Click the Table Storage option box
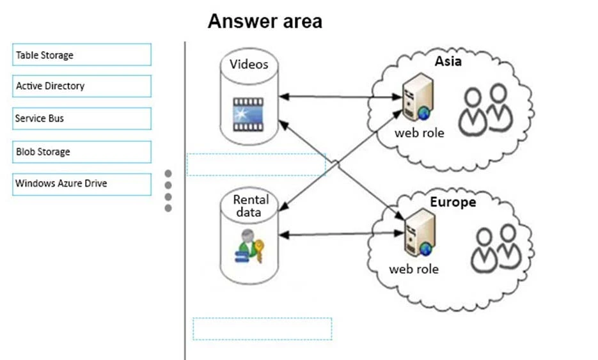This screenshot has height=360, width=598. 82,55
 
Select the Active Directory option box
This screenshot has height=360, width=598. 82,86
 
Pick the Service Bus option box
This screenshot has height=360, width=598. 82,118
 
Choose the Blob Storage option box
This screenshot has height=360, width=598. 82,152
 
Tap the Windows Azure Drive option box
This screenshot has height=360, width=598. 82,184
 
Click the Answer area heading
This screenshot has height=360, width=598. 265,22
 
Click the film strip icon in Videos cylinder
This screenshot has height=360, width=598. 248,115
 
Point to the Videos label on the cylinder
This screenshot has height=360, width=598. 249,65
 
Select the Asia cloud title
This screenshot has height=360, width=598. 448,61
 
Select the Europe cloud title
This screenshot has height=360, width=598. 452,202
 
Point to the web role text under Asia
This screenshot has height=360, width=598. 419,133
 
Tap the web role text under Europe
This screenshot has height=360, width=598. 414,269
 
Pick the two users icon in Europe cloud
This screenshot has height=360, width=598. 496,246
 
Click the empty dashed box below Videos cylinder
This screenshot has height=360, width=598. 256,164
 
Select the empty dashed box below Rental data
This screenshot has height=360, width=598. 262,329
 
